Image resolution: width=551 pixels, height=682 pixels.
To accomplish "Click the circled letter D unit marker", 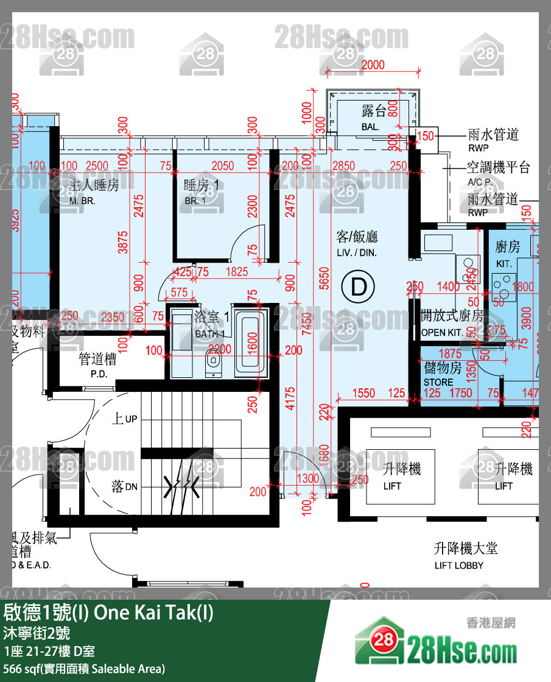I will (x=359, y=286).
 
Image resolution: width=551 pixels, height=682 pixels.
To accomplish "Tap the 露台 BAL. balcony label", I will (x=373, y=117).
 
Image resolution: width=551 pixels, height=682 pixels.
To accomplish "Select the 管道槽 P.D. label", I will (x=97, y=365).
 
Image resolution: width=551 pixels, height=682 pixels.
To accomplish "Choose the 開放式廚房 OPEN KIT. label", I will (x=452, y=323).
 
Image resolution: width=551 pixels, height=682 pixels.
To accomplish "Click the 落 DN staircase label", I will (x=124, y=486).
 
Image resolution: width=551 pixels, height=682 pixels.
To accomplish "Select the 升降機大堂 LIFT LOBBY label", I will (x=465, y=555).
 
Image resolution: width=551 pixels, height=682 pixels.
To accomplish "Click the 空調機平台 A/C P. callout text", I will (x=498, y=173).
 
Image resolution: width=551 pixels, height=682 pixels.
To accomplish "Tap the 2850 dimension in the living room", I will (x=344, y=166).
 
